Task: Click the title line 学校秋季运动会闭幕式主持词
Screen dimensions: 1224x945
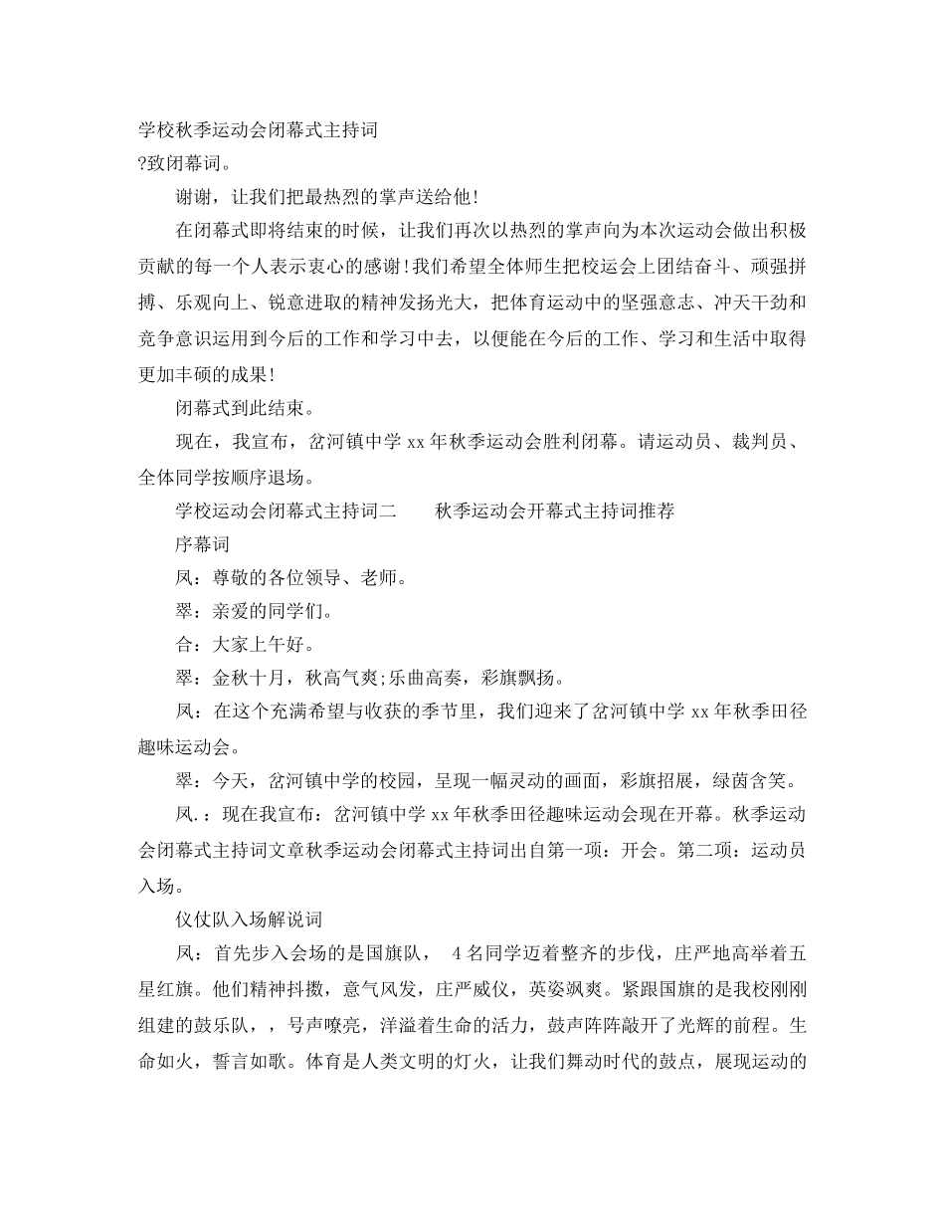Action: pos(257,130)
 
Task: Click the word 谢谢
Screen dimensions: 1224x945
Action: pos(193,198)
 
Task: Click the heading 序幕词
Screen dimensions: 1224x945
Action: pos(202,544)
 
